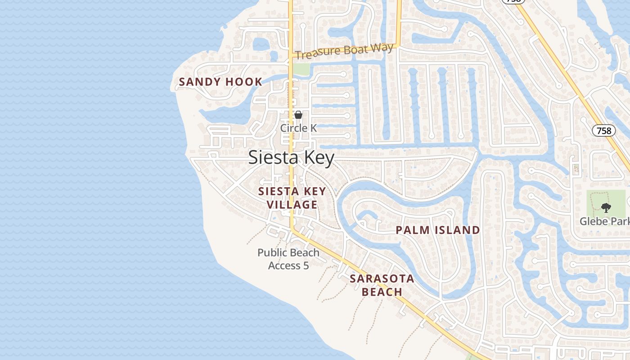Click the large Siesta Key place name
pyautogui.click(x=291, y=158)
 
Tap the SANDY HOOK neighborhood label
pyautogui.click(x=220, y=82)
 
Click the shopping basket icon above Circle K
pyautogui.click(x=298, y=115)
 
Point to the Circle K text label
pyautogui.click(x=298, y=128)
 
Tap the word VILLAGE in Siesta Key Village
pyautogui.click(x=292, y=205)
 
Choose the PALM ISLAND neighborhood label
pyautogui.click(x=437, y=230)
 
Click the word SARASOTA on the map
pyautogui.click(x=382, y=279)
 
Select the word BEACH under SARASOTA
pyautogui.click(x=382, y=292)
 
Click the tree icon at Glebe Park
pyautogui.click(x=606, y=208)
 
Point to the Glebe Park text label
pyautogui.click(x=604, y=221)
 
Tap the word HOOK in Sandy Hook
pyautogui.click(x=244, y=82)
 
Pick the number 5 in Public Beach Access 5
pyautogui.click(x=306, y=266)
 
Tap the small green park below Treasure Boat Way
pyautogui.click(x=302, y=69)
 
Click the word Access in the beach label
pyautogui.click(x=283, y=266)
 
